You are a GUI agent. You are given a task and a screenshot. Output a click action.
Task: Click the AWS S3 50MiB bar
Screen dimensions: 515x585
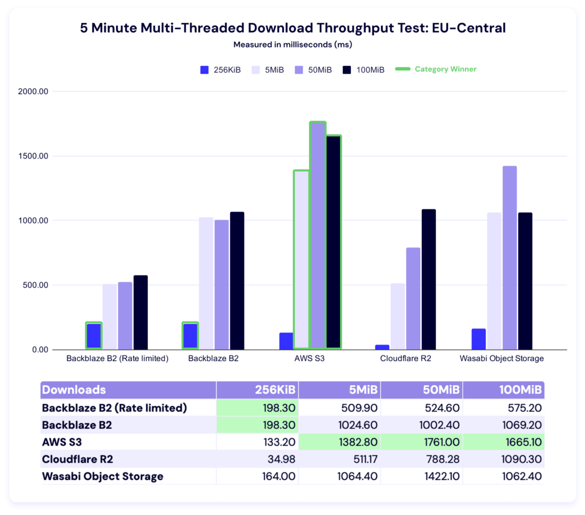(x=318, y=235)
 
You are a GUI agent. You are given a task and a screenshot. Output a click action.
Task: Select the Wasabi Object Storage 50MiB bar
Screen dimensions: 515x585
(x=510, y=258)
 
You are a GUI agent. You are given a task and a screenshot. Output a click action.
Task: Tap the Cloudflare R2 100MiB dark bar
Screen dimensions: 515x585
(x=429, y=280)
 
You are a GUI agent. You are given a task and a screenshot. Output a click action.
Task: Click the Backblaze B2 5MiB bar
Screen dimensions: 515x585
(x=206, y=284)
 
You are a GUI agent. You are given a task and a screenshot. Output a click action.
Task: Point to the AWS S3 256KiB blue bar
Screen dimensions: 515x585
(x=286, y=341)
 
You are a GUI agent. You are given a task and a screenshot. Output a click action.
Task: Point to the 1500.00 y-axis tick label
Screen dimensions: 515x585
(x=33, y=156)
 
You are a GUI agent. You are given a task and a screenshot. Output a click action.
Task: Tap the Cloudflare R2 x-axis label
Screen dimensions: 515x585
(x=406, y=359)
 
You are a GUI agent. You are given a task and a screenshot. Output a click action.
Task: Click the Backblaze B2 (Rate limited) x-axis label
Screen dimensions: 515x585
(x=117, y=359)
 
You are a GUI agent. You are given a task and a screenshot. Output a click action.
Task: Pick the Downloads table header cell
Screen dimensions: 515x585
(x=74, y=390)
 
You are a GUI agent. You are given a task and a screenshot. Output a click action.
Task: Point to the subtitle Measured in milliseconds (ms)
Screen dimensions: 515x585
(x=292, y=44)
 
